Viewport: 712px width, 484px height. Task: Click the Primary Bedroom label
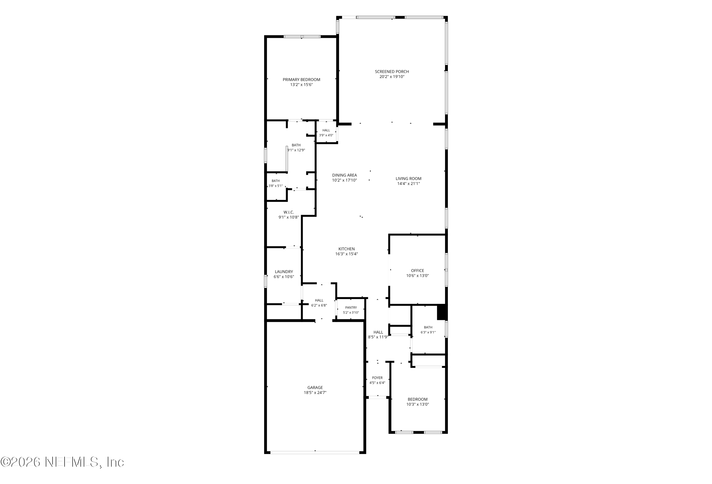[x=301, y=80]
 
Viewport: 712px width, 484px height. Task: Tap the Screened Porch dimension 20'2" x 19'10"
[x=392, y=77]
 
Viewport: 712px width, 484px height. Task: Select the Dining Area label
[x=344, y=175]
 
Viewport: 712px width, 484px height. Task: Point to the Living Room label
[x=408, y=179]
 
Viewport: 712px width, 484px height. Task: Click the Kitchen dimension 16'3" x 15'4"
[x=347, y=254]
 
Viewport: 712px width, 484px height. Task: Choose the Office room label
[x=417, y=271]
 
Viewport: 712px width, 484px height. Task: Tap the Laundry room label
[x=284, y=272]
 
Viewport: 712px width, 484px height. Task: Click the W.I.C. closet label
[x=289, y=212]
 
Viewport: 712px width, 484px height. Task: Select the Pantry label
[x=351, y=308]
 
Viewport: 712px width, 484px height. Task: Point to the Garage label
[x=315, y=387]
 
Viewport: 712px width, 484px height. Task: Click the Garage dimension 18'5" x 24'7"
[x=315, y=393]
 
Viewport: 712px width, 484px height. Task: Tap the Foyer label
[x=377, y=378]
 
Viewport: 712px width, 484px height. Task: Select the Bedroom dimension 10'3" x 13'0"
[x=417, y=404]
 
